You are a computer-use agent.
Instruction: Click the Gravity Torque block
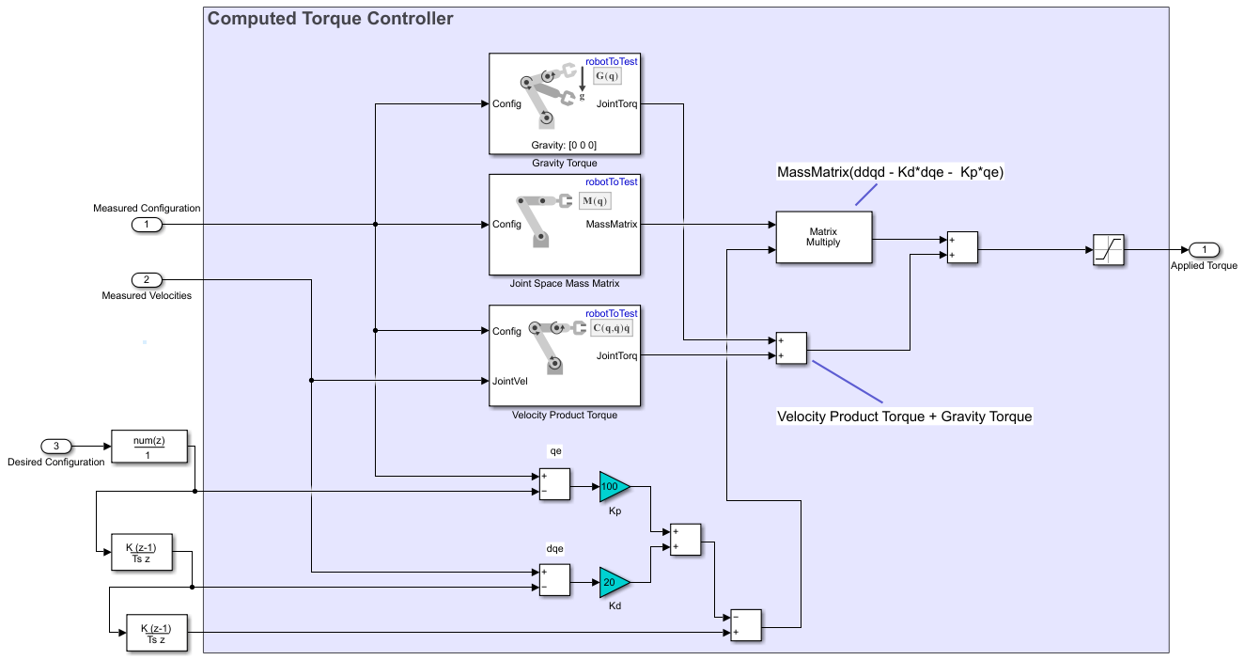coord(565,103)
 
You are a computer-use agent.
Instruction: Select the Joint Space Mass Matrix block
coord(565,224)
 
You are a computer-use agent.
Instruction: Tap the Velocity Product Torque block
coord(565,355)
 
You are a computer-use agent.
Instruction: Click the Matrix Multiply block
coord(823,237)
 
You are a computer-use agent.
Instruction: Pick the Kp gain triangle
coord(613,487)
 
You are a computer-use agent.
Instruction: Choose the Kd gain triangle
coord(613,582)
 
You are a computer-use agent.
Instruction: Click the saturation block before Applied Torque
coord(1109,250)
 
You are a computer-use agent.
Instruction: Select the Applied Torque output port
coord(1204,250)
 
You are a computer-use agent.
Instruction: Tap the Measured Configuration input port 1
coord(147,224)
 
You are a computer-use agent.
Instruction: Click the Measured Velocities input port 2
coord(147,279)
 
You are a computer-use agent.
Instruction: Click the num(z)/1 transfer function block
coord(149,447)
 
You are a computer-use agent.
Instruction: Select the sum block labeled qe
coord(554,483)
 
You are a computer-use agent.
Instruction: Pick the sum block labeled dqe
coord(554,580)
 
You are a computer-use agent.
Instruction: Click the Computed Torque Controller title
coord(330,19)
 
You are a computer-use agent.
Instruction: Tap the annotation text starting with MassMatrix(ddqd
coord(891,173)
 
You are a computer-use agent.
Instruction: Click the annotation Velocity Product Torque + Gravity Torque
coord(904,416)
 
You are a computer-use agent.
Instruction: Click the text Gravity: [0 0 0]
coord(564,145)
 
